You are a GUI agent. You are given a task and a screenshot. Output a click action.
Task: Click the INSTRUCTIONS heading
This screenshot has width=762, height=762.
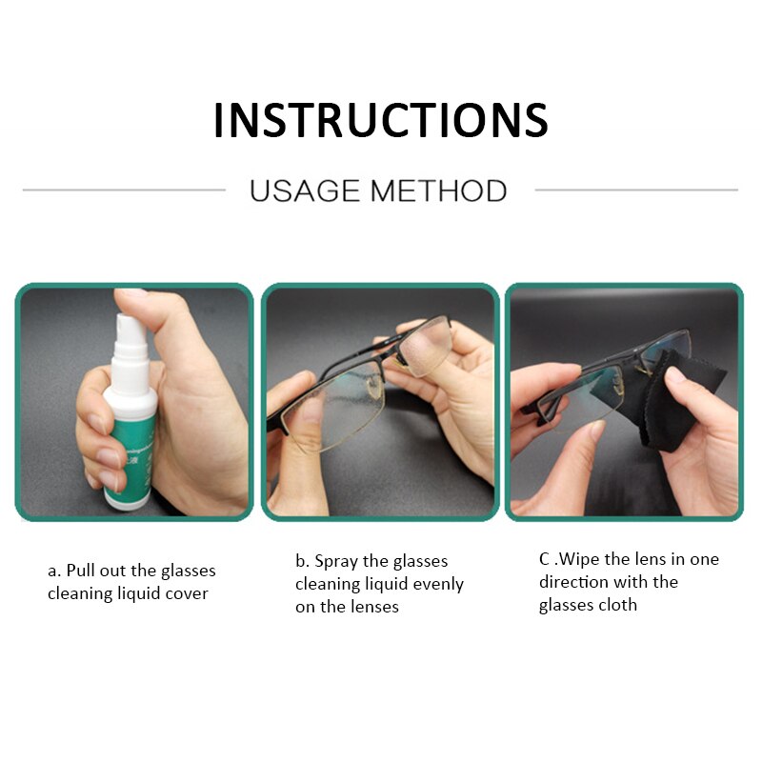click(381, 120)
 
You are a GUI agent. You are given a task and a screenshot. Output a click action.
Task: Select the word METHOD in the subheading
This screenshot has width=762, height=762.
click(439, 190)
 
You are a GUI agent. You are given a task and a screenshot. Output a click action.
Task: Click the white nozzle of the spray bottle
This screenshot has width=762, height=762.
click(130, 335)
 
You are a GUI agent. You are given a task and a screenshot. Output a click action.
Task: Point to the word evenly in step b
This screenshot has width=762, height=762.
click(438, 584)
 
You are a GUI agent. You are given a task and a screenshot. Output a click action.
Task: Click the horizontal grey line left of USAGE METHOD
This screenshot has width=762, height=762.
click(124, 190)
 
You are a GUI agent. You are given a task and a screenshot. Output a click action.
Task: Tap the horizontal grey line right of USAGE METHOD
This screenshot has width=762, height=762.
click(636, 190)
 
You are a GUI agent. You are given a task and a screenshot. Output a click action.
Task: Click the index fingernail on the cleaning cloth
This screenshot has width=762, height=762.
click(676, 374)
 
